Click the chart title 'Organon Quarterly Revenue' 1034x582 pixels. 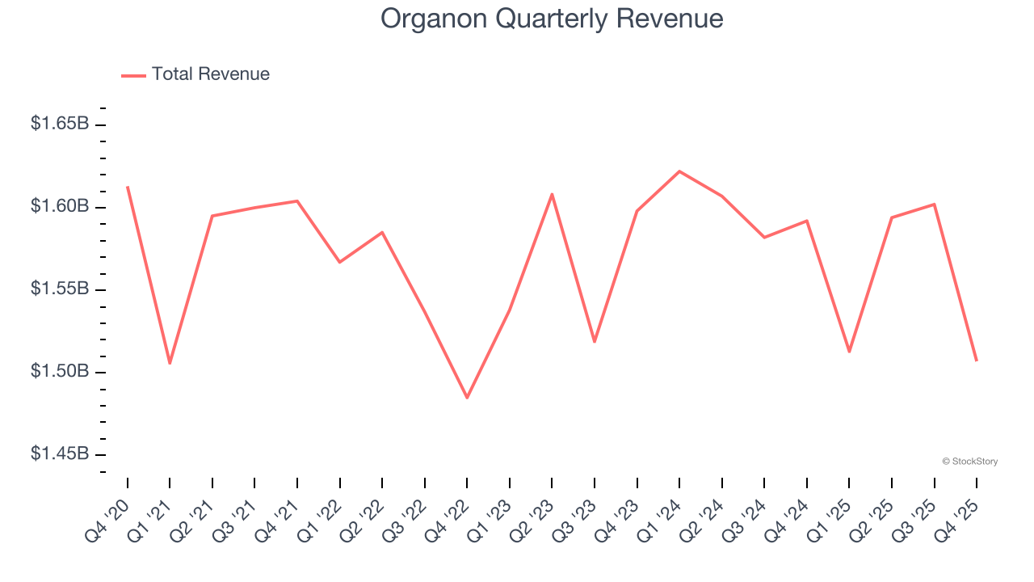click(552, 19)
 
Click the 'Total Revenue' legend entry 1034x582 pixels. click(210, 74)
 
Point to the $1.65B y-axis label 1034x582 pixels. click(60, 124)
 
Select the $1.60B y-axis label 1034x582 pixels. click(60, 207)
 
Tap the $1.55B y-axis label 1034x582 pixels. click(60, 289)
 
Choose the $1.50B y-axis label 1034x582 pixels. click(60, 372)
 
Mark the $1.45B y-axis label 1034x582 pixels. click(60, 454)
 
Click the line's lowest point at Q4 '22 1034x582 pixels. click(467, 398)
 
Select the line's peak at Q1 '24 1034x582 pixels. click(679, 171)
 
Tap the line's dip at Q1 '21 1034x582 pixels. click(170, 363)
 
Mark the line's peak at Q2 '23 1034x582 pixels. click(552, 194)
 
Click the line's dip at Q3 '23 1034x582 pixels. click(595, 342)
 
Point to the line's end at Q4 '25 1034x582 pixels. click(977, 361)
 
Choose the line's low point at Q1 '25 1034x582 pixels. click(849, 352)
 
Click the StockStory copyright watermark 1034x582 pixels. click(969, 462)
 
